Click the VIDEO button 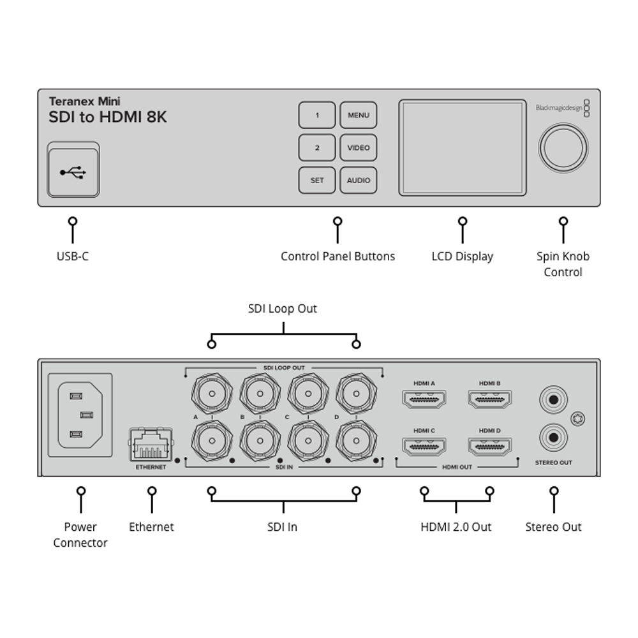click(x=358, y=148)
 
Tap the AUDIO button click(x=358, y=181)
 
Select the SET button click(x=317, y=181)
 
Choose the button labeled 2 click(x=317, y=148)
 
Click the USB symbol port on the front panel click(x=73, y=172)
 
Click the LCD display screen click(x=462, y=147)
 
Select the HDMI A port click(x=424, y=399)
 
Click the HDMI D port click(x=490, y=447)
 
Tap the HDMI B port click(x=490, y=399)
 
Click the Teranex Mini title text click(x=85, y=101)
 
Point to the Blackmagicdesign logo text click(x=559, y=108)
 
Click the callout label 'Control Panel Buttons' click(x=338, y=256)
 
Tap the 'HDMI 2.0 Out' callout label click(x=456, y=527)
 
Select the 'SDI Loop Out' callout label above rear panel click(x=282, y=309)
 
